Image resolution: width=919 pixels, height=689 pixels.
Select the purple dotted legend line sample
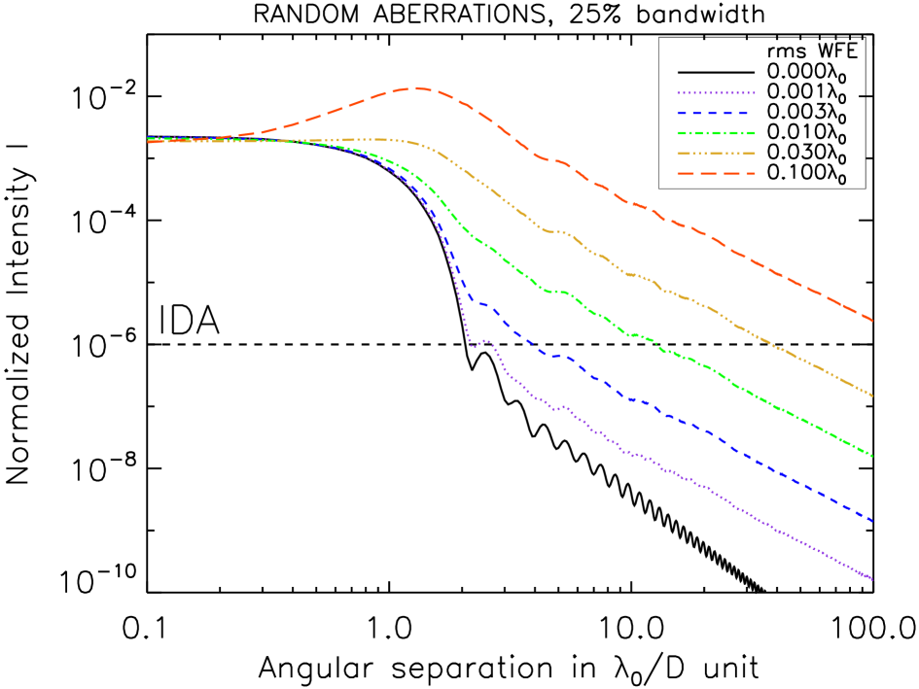tap(716, 93)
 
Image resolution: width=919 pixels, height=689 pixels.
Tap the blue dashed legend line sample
tap(716, 114)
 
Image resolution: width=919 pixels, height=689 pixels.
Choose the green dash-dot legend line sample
tap(716, 133)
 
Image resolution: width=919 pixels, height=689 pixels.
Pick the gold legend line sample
tap(716, 154)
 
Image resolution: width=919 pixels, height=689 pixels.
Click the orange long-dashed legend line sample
tap(716, 174)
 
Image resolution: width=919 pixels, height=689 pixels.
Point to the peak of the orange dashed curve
tap(417, 88)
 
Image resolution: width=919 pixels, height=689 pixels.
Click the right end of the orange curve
tap(872, 320)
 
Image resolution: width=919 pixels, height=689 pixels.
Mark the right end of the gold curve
tap(872, 396)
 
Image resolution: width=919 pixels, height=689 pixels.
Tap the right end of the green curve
tap(872, 456)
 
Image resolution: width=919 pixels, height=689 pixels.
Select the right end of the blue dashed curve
tap(872, 521)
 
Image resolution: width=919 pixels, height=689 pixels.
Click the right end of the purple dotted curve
tap(872, 579)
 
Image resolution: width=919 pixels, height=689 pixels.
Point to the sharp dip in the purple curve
tap(472, 346)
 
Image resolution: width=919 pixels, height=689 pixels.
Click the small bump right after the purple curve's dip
tap(485, 340)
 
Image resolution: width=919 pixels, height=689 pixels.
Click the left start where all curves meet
tap(149, 140)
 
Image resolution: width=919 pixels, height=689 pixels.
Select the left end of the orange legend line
tap(678, 174)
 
